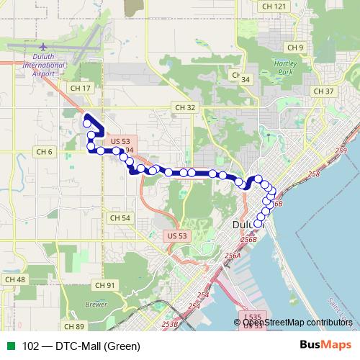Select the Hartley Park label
[x=285, y=68]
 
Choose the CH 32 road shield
[x=185, y=107]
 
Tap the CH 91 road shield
[x=105, y=286]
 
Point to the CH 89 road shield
[x=73, y=326]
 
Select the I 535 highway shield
[x=251, y=316]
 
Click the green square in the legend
[x=9, y=346]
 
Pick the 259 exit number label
[x=341, y=150]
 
